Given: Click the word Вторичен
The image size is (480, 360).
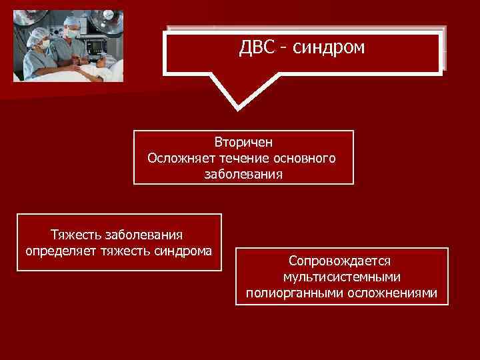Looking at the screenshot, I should tap(243, 143).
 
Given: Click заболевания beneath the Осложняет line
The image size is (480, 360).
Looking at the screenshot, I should tap(243, 175).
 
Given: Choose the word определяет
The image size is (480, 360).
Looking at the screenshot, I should tap(61, 251).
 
